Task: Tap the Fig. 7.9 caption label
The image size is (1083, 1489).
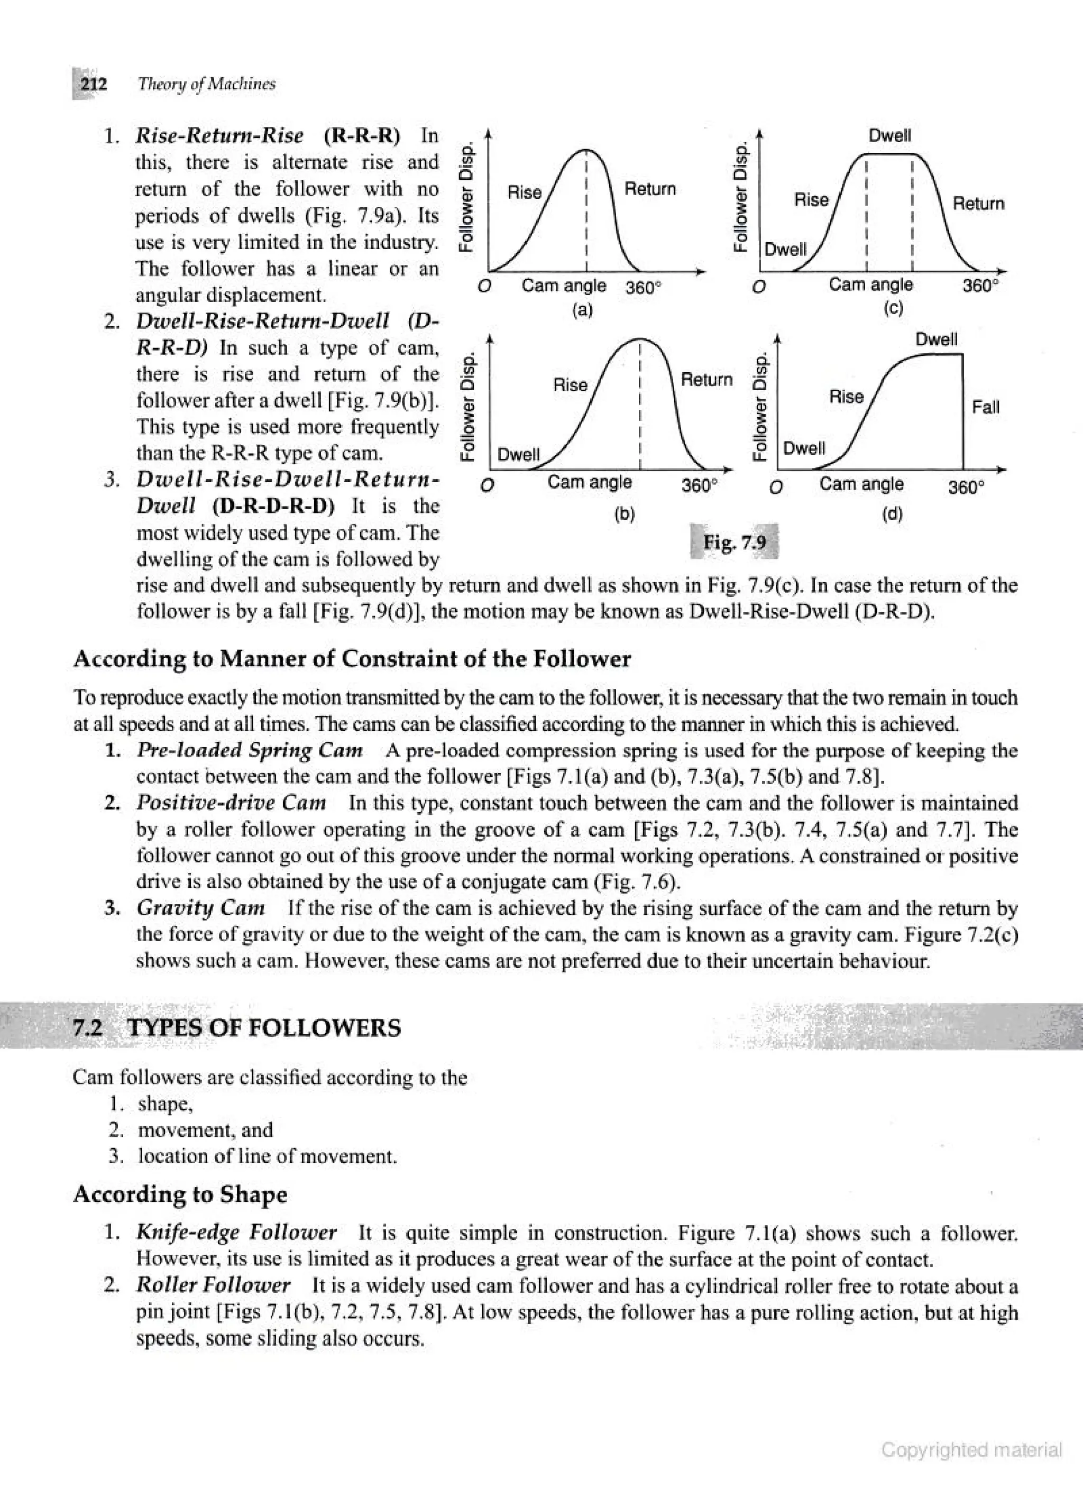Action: (735, 543)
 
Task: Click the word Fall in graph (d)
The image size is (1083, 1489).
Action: (985, 407)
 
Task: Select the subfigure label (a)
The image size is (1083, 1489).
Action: (582, 310)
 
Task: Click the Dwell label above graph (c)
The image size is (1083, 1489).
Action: (890, 136)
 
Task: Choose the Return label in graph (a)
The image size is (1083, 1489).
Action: (649, 189)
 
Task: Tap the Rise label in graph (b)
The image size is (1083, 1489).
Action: (570, 385)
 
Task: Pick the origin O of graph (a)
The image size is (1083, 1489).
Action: (485, 288)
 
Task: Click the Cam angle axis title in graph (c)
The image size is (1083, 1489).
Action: (870, 285)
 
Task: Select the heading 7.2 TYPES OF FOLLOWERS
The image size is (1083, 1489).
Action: (236, 1027)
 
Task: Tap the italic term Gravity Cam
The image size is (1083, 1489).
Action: (200, 908)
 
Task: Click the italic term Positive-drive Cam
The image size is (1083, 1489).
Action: (231, 803)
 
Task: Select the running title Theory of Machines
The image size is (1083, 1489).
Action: (207, 84)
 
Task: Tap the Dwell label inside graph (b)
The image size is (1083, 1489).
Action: (518, 454)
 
